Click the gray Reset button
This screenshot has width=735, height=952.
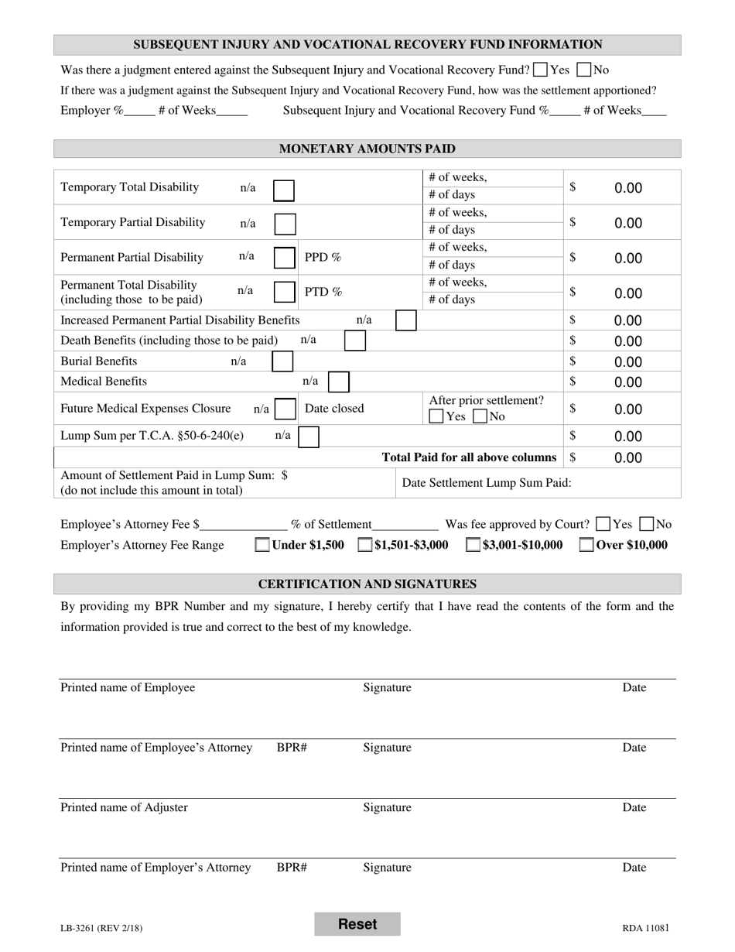357,924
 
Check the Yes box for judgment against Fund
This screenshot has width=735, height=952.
541,70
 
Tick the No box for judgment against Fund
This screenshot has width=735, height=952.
584,70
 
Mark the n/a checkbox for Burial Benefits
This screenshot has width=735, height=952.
282,361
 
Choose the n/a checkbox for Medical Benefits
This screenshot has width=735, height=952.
339,382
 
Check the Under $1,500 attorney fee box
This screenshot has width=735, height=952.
262,545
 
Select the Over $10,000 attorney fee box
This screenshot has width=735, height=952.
587,545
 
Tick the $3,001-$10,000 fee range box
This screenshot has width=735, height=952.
473,545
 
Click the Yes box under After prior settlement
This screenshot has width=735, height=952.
436,416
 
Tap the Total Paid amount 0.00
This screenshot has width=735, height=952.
628,457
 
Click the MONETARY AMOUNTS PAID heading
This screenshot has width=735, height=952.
367,149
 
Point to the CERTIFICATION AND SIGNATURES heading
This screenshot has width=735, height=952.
367,584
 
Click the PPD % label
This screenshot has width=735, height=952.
323,257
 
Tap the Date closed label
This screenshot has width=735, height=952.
334,408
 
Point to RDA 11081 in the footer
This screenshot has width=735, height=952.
645,928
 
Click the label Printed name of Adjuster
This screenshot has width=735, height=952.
124,807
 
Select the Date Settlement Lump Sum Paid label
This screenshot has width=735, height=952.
487,483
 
